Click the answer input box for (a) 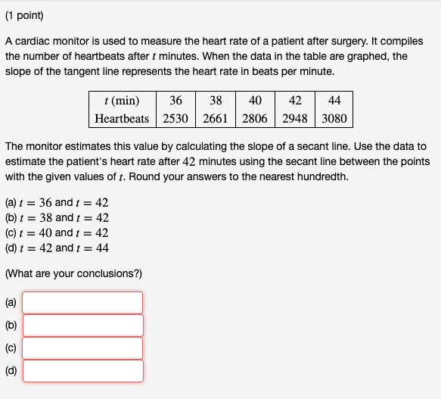pos(82,303)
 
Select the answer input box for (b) pos(82,326)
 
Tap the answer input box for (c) pos(82,348)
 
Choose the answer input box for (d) pos(82,371)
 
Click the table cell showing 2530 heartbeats pos(175,118)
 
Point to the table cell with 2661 pos(216,118)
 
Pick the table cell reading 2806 pos(256,118)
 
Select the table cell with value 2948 pos(296,118)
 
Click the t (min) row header pos(122,101)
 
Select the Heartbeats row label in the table pos(122,118)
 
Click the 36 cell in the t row pos(175,101)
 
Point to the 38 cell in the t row pos(216,101)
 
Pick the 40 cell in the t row pos(256,101)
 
